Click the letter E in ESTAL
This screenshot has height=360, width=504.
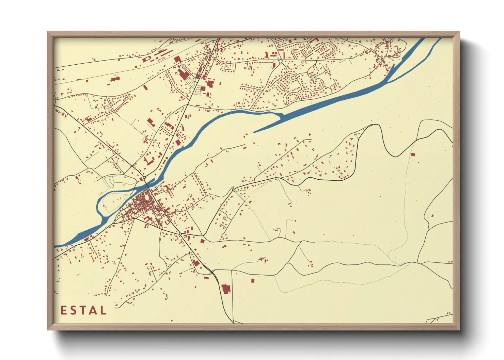pyautogui.click(x=64, y=310)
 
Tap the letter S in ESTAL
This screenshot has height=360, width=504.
pyautogui.click(x=73, y=310)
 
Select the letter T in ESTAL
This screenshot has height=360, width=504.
pyautogui.click(x=83, y=310)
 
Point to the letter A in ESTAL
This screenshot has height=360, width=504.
pyautogui.click(x=93, y=310)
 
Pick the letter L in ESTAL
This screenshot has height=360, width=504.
pyautogui.click(x=103, y=310)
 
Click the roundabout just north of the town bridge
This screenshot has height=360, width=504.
pyautogui.click(x=144, y=178)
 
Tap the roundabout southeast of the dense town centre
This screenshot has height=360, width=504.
pyautogui.click(x=180, y=234)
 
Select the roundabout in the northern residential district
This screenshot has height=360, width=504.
pyautogui.click(x=280, y=61)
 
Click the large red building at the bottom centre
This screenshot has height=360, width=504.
pyautogui.click(x=225, y=289)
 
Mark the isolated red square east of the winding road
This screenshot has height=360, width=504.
pyautogui.click(x=413, y=154)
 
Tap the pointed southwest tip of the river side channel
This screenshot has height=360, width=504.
pyautogui.click(x=254, y=132)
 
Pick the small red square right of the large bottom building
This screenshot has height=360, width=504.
pyautogui.click(x=253, y=281)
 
